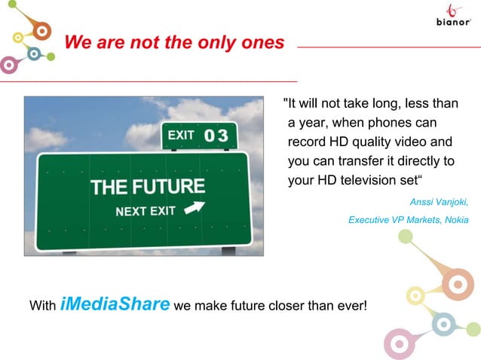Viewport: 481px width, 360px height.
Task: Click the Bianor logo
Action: [x=454, y=17]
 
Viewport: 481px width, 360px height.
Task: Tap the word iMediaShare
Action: [x=115, y=304]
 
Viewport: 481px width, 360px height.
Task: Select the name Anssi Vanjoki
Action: [x=438, y=202]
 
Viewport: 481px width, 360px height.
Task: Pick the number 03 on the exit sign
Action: [x=216, y=136]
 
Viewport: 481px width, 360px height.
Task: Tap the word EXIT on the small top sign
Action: [x=181, y=136]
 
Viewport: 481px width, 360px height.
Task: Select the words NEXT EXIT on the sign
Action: [x=146, y=211]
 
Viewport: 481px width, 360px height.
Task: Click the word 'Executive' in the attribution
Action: [x=368, y=220]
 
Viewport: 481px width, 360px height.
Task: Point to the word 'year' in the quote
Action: [x=311, y=122]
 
